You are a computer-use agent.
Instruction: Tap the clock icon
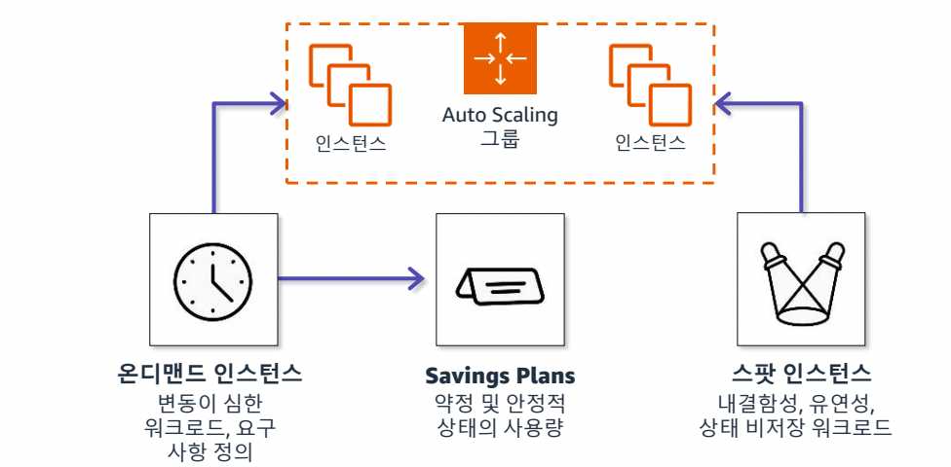coord(213,279)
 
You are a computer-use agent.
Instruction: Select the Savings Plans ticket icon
coord(500,280)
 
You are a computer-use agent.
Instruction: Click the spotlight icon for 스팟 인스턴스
coord(801,280)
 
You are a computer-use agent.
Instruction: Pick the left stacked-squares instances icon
coord(350,86)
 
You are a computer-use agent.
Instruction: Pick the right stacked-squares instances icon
coord(650,86)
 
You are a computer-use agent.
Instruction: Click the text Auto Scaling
coord(500,115)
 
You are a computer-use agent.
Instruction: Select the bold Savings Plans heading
coord(500,376)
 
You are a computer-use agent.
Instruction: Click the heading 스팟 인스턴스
coord(801,375)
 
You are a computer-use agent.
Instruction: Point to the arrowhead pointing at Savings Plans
coord(418,280)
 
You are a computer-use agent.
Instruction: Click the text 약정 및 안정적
coord(500,403)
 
